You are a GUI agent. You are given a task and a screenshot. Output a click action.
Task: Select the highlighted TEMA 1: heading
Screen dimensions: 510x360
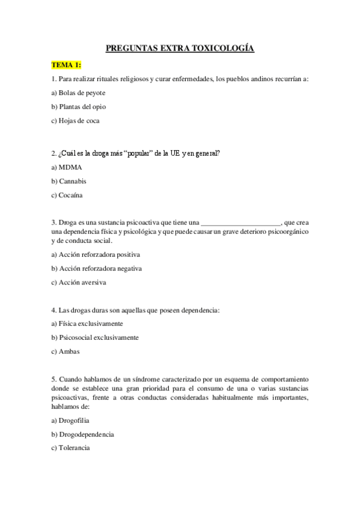[66, 65]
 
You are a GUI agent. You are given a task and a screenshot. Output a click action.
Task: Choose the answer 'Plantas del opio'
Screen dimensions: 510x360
[79, 106]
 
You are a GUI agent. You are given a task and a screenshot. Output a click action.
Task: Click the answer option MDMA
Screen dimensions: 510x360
[70, 167]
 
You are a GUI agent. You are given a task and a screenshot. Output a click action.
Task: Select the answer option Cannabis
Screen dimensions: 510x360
[73, 181]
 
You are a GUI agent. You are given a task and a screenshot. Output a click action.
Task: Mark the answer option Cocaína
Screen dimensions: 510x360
[71, 195]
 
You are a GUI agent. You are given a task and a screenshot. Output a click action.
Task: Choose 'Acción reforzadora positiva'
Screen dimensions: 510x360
[96, 254]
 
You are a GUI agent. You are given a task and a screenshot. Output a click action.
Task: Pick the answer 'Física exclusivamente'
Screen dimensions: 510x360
[87, 324]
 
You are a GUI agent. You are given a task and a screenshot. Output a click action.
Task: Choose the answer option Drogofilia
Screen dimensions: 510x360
[74, 420]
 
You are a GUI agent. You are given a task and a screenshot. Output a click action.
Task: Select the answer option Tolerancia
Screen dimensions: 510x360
[75, 448]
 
